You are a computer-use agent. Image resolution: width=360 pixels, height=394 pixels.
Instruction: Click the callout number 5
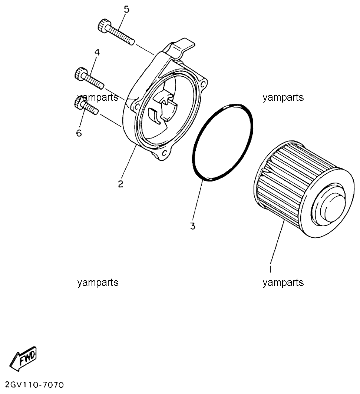[x=126, y=10]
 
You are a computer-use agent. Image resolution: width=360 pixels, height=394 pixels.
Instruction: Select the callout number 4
[x=97, y=52]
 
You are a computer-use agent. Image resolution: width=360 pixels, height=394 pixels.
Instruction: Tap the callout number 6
[x=79, y=133]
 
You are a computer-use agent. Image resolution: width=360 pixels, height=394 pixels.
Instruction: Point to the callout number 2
[x=121, y=184]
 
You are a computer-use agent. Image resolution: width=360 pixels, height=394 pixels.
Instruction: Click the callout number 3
[x=192, y=226]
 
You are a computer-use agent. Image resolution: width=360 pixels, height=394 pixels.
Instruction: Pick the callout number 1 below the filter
[x=270, y=269]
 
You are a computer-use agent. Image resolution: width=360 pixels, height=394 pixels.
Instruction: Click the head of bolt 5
[x=103, y=26]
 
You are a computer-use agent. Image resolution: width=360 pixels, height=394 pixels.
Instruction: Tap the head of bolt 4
[x=80, y=74]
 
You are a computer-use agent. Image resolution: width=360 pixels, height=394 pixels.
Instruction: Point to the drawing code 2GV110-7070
[x=34, y=385]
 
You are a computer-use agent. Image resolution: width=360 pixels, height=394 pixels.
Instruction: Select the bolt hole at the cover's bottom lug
[x=165, y=153]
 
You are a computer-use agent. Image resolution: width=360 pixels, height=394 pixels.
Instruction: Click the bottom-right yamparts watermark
[x=283, y=283]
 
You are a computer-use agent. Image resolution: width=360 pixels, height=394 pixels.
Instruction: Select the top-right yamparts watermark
[x=283, y=97]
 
